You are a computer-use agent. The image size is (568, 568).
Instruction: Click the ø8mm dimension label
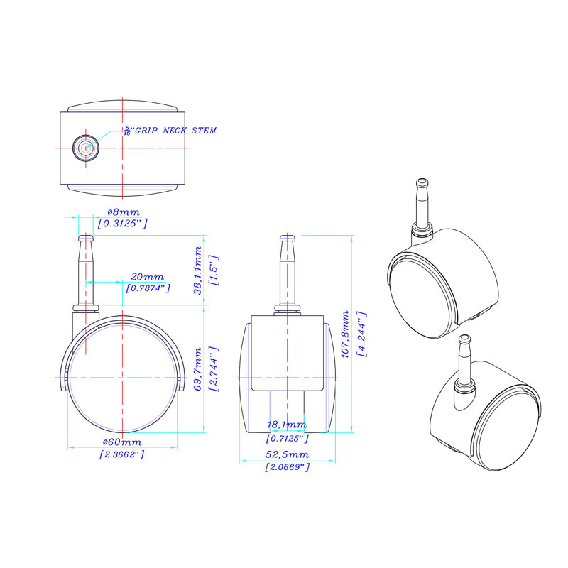pos(123,212)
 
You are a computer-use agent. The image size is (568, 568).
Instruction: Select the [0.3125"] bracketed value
pos(123,223)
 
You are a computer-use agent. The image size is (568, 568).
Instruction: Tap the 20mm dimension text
pos(148,276)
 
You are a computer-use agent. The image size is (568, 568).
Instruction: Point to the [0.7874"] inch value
pos(148,288)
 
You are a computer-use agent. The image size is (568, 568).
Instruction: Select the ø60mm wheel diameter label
pos(122,443)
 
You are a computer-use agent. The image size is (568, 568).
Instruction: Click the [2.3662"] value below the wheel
pos(122,454)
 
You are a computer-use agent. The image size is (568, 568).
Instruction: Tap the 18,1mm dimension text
pos(288,425)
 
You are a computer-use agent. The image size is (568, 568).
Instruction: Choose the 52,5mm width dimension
pos(288,454)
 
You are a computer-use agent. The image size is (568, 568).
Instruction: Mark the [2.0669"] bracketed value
pos(288,466)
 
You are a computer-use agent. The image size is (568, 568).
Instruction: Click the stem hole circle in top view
pos(86,148)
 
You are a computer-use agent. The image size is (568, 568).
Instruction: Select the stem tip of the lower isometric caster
pos(464,339)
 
